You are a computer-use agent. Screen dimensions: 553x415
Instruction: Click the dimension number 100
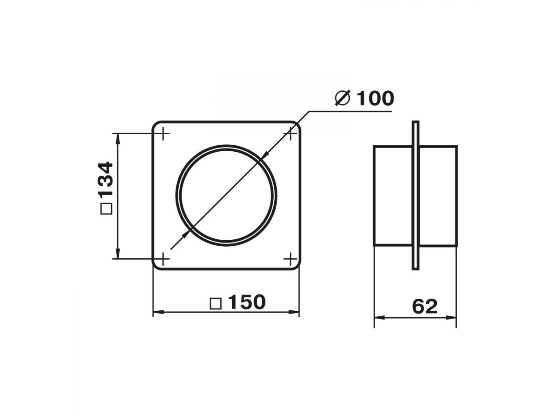pos(376,98)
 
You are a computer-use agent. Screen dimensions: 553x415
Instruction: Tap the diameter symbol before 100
pos(343,98)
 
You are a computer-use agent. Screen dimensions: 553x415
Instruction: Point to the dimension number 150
pos(247,302)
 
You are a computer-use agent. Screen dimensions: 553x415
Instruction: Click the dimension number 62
pos(425,306)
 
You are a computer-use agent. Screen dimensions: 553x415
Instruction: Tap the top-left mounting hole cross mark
pos(164,134)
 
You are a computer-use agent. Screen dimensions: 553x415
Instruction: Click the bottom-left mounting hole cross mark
pos(164,259)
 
